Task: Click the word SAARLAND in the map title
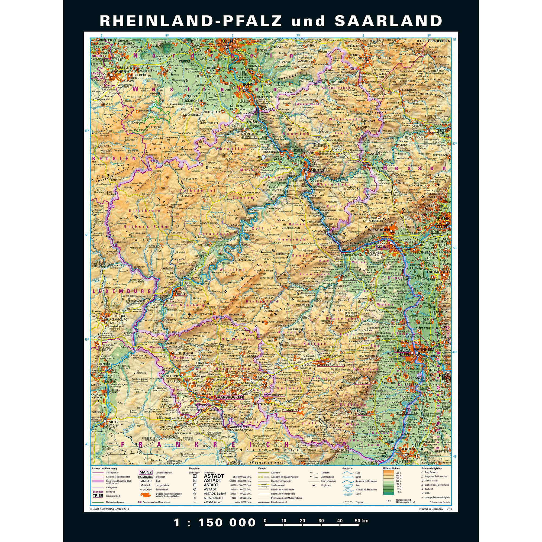(389, 21)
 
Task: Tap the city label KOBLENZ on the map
(316, 170)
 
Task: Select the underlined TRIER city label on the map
(180, 294)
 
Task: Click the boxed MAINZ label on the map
(383, 247)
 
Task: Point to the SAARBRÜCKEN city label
(229, 398)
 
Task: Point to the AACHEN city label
(119, 72)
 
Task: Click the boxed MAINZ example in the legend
(145, 472)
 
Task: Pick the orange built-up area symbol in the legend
(145, 495)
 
